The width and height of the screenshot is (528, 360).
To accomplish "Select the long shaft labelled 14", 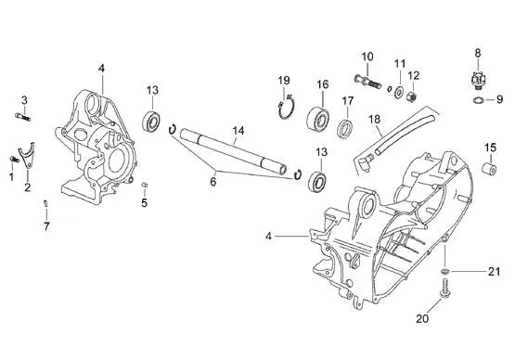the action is tap(234, 151).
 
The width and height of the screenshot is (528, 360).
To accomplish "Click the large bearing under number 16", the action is tap(318, 119).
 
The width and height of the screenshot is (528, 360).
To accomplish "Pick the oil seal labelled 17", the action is tap(345, 128).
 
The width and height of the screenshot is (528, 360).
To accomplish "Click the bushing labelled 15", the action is tap(489, 168).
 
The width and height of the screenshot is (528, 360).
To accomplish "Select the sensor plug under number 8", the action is tap(478, 81).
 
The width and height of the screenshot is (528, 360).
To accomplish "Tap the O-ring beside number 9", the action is tap(479, 99).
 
